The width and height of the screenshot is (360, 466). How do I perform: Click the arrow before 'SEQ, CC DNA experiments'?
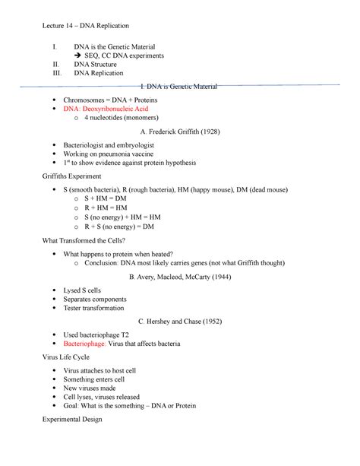(x=77, y=56)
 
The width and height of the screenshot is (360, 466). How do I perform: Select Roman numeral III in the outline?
(x=54, y=74)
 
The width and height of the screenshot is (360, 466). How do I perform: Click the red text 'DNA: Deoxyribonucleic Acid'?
(x=106, y=109)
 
